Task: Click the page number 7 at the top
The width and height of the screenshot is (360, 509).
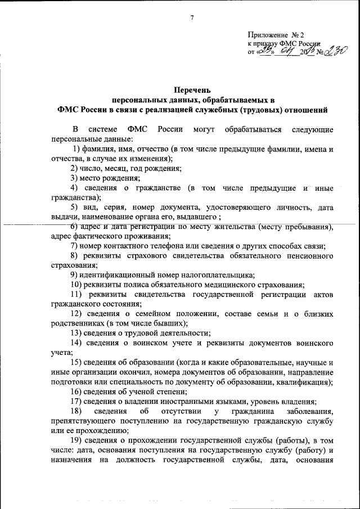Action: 191,18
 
